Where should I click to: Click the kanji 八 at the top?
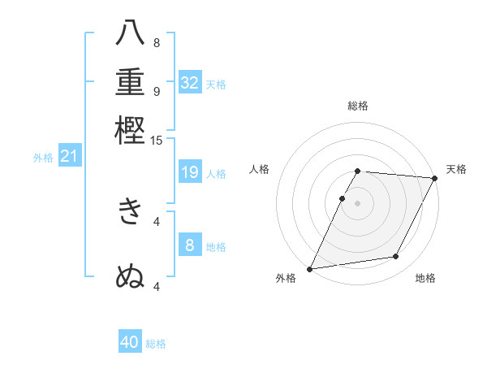pos(130,34)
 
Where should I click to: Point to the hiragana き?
pos(130,212)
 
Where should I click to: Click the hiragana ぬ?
pos(130,276)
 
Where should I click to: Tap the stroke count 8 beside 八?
pos(157,43)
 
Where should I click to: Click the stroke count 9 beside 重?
pos(157,91)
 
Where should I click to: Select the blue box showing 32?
pos(190,82)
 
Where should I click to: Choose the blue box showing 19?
pos(190,171)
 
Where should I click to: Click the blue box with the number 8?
pos(190,245)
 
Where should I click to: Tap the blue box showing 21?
pos(69,156)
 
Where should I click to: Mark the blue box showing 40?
pos(130,342)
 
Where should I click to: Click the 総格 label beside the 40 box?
pos(156,344)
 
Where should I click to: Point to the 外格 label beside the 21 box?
pos(43,158)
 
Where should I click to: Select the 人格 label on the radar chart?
pos(260,169)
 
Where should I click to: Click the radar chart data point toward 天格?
pos(434,178)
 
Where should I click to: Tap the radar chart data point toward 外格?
pos(310,268)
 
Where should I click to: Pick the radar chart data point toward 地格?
pos(396,257)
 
